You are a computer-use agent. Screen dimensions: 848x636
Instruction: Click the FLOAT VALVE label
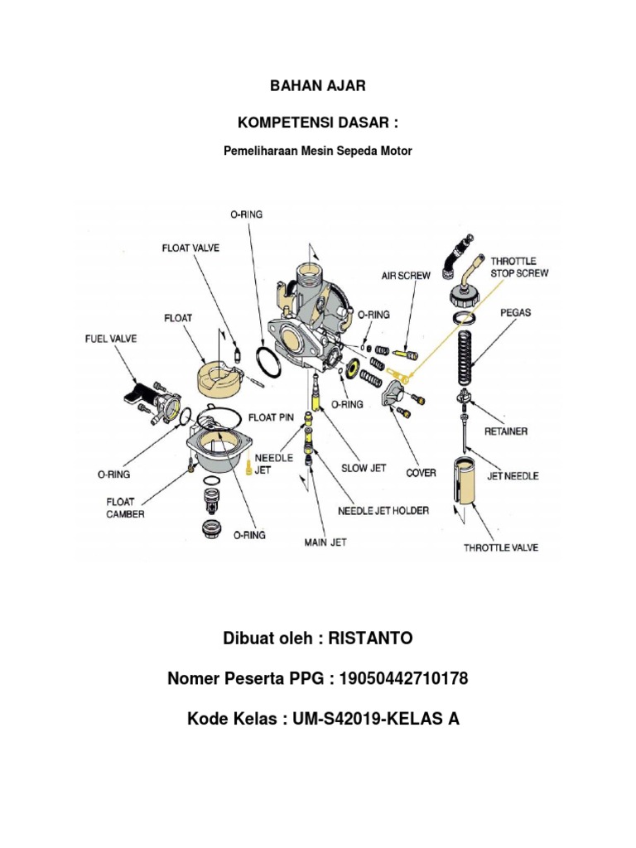pyautogui.click(x=190, y=248)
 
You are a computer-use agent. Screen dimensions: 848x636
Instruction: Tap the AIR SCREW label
pyautogui.click(x=406, y=276)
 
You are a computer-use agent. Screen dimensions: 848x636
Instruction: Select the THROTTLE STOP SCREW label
pyautogui.click(x=519, y=266)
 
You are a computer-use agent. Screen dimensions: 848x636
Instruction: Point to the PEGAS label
pyautogui.click(x=515, y=313)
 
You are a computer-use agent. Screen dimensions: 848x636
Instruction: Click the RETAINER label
pyautogui.click(x=507, y=431)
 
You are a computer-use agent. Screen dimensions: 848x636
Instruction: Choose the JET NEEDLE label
pyautogui.click(x=513, y=475)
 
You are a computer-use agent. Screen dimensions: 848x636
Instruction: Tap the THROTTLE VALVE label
pyautogui.click(x=500, y=547)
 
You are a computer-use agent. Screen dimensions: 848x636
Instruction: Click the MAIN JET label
pyautogui.click(x=325, y=543)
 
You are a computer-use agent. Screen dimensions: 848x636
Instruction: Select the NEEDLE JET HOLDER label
pyautogui.click(x=383, y=510)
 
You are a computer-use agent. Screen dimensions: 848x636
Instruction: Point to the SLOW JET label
pyautogui.click(x=364, y=468)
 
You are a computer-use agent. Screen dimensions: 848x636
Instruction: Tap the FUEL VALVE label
pyautogui.click(x=111, y=339)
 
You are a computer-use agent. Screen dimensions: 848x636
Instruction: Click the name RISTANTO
pyautogui.click(x=370, y=638)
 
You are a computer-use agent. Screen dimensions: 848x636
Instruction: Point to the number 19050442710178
pyautogui.click(x=401, y=679)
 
